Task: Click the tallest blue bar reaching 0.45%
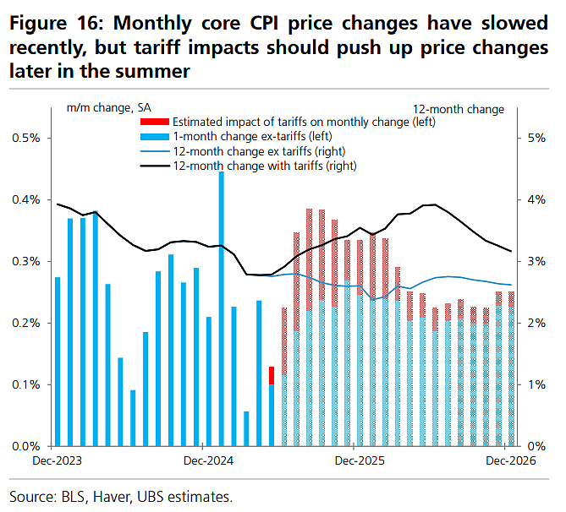[x=222, y=308]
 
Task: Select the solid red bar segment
[x=272, y=375]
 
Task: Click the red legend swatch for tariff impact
[x=155, y=122]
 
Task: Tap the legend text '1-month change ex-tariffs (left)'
[x=252, y=136]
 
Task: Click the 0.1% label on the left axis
[x=26, y=384]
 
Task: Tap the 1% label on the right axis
[x=536, y=384]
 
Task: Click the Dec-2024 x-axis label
[x=208, y=460]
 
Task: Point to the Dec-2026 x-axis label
[x=511, y=460]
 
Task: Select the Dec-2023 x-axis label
[x=57, y=460]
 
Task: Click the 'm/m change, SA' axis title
[x=108, y=108]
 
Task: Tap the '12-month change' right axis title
[x=459, y=109]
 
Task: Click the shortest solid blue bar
[x=246, y=428]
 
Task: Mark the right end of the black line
[x=511, y=251]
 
